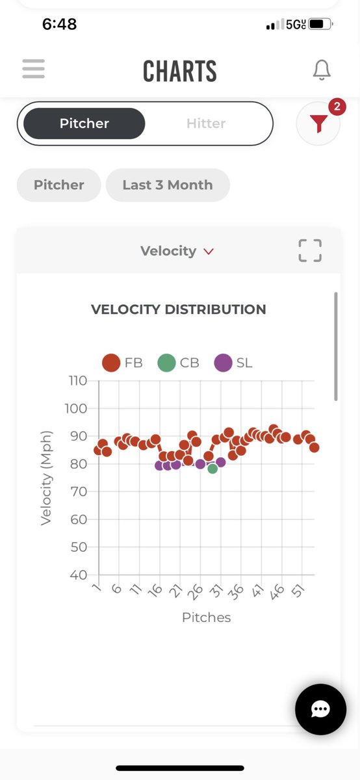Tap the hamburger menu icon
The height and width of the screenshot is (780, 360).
33,69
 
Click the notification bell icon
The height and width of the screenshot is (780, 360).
322,70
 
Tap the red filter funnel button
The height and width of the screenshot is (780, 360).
318,123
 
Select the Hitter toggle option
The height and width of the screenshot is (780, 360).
206,123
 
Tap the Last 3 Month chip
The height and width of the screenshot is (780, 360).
168,185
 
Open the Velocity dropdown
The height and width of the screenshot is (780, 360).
177,251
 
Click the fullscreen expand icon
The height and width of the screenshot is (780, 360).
310,250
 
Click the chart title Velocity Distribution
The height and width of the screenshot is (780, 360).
178,309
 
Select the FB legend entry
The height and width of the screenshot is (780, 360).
123,363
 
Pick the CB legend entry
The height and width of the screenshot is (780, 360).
178,363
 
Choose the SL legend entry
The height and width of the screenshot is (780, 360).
233,363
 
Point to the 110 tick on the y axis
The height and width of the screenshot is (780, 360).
78,381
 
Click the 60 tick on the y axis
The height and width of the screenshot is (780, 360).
79,519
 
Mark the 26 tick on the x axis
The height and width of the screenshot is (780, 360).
196,591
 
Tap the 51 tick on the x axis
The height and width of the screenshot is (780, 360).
298,591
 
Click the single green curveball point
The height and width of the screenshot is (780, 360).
212,469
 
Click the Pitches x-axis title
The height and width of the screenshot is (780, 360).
207,617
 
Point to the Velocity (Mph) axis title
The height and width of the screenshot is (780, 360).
46,478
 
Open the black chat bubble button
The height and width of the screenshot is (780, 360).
320,709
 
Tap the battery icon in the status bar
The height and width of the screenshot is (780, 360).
321,24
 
